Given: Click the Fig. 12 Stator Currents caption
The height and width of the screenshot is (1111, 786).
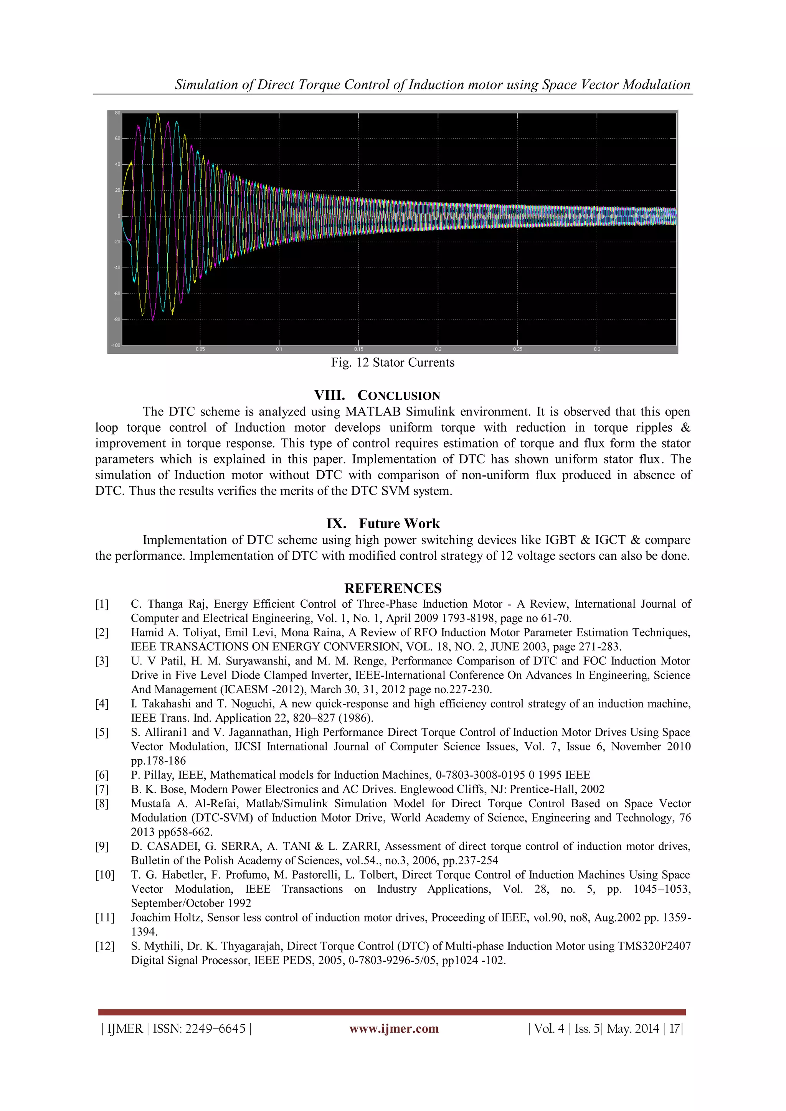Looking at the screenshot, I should (x=393, y=363).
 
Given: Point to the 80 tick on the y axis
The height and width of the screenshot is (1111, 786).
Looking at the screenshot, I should (x=117, y=113).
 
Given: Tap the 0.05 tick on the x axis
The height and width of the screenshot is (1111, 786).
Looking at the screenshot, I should (x=200, y=349).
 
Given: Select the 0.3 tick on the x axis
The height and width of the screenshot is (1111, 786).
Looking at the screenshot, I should (x=597, y=349).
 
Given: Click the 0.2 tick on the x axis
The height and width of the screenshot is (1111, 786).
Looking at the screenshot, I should (x=438, y=349).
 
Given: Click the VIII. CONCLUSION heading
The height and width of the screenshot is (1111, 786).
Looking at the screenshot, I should (x=377, y=396).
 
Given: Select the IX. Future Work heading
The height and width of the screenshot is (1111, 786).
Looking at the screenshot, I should (x=383, y=524).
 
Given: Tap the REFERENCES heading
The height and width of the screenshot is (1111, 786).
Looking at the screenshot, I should (x=393, y=588).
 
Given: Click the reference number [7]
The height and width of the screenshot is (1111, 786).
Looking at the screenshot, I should (x=102, y=789).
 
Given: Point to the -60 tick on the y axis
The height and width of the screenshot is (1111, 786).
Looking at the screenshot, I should (x=117, y=294).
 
